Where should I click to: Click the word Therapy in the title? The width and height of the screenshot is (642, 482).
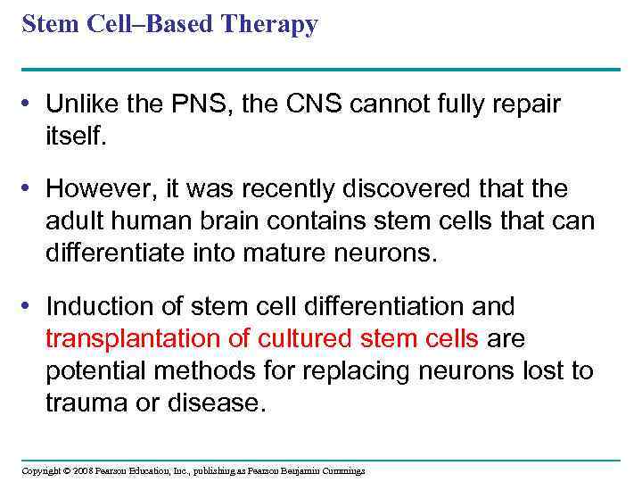click(x=271, y=25)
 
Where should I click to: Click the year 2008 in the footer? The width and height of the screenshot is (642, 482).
click(x=84, y=470)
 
